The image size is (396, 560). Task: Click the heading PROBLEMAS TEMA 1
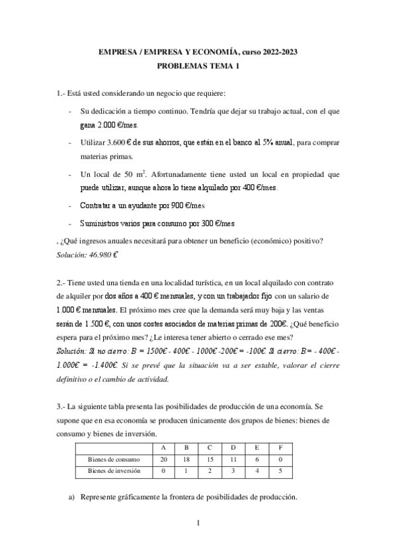pos(198,66)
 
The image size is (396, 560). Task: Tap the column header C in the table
pos(210,448)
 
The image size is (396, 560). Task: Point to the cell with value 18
pos(186,459)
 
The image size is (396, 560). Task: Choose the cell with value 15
pos(210,459)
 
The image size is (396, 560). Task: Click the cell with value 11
pos(234,459)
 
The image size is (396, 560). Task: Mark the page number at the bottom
pos(198,524)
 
